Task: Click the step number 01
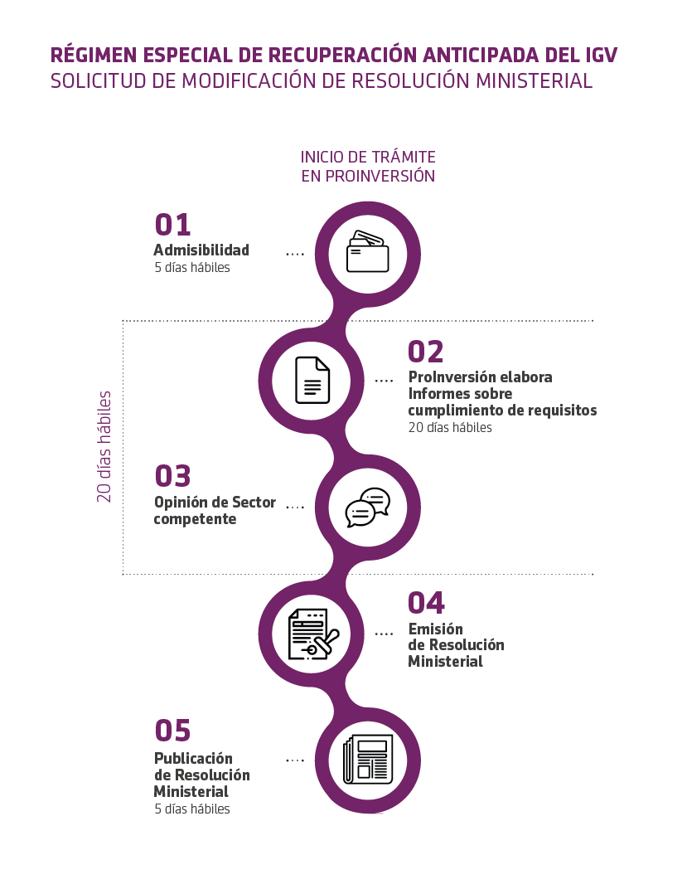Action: pyautogui.click(x=172, y=225)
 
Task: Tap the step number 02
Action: pyautogui.click(x=426, y=352)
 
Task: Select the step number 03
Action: pyautogui.click(x=172, y=476)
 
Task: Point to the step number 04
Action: pyautogui.click(x=426, y=603)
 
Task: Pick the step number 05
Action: pyautogui.click(x=172, y=731)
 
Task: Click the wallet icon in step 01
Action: pyautogui.click(x=368, y=251)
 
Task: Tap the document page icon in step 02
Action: pyautogui.click(x=312, y=380)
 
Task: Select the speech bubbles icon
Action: pyautogui.click(x=368, y=507)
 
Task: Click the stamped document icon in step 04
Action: pyautogui.click(x=313, y=634)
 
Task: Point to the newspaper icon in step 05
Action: pyautogui.click(x=368, y=760)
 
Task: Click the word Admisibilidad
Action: pyautogui.click(x=201, y=250)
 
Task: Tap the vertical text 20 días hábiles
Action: pyautogui.click(x=104, y=447)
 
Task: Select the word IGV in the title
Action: pyautogui.click(x=600, y=55)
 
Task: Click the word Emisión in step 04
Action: pyautogui.click(x=436, y=629)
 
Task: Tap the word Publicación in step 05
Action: pyautogui.click(x=193, y=759)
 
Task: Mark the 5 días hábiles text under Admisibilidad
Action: pyautogui.click(x=192, y=268)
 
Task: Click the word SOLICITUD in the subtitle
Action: pyautogui.click(x=99, y=81)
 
